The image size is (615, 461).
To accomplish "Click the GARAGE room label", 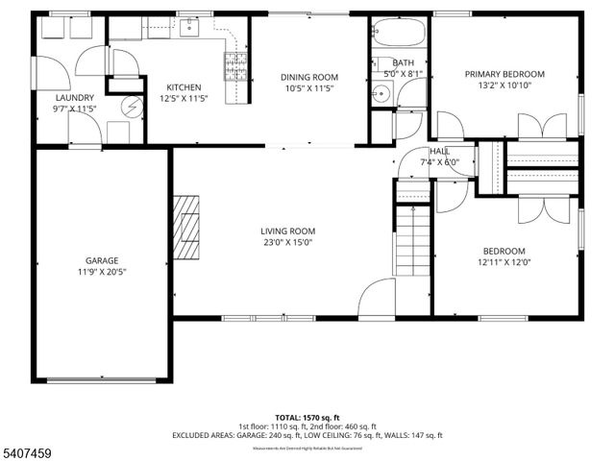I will pos(102,260).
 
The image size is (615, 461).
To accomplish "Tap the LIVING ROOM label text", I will pos(287,230).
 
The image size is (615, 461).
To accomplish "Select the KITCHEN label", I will pos(184,86).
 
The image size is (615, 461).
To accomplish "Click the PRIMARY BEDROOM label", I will pos(504,74).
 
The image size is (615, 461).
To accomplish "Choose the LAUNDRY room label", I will pos(75,97).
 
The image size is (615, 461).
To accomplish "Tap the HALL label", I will pos(439,151).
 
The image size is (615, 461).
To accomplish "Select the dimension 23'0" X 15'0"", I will pos(287,242).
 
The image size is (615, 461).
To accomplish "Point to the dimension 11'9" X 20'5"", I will pos(102,272).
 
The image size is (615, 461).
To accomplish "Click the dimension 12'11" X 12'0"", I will pos(504,262).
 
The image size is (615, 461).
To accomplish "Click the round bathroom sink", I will pos(381,93).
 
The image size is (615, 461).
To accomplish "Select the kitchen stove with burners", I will pos(234,65).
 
